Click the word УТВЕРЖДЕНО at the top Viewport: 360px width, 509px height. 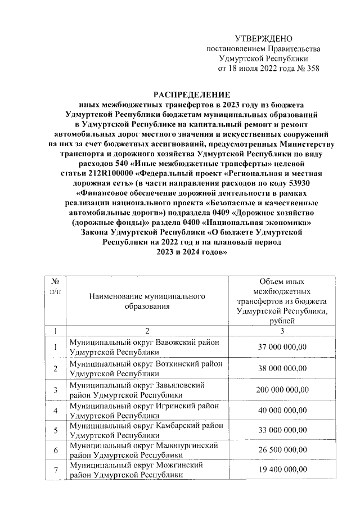[264, 38]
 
